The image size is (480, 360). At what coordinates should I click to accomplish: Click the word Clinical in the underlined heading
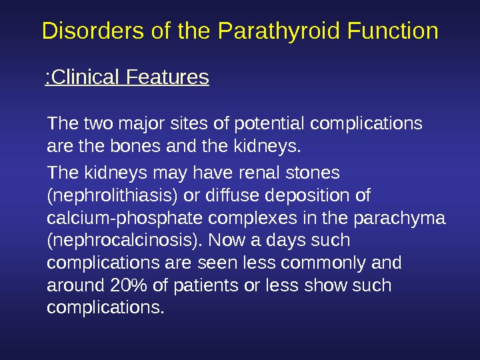[x=85, y=79]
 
